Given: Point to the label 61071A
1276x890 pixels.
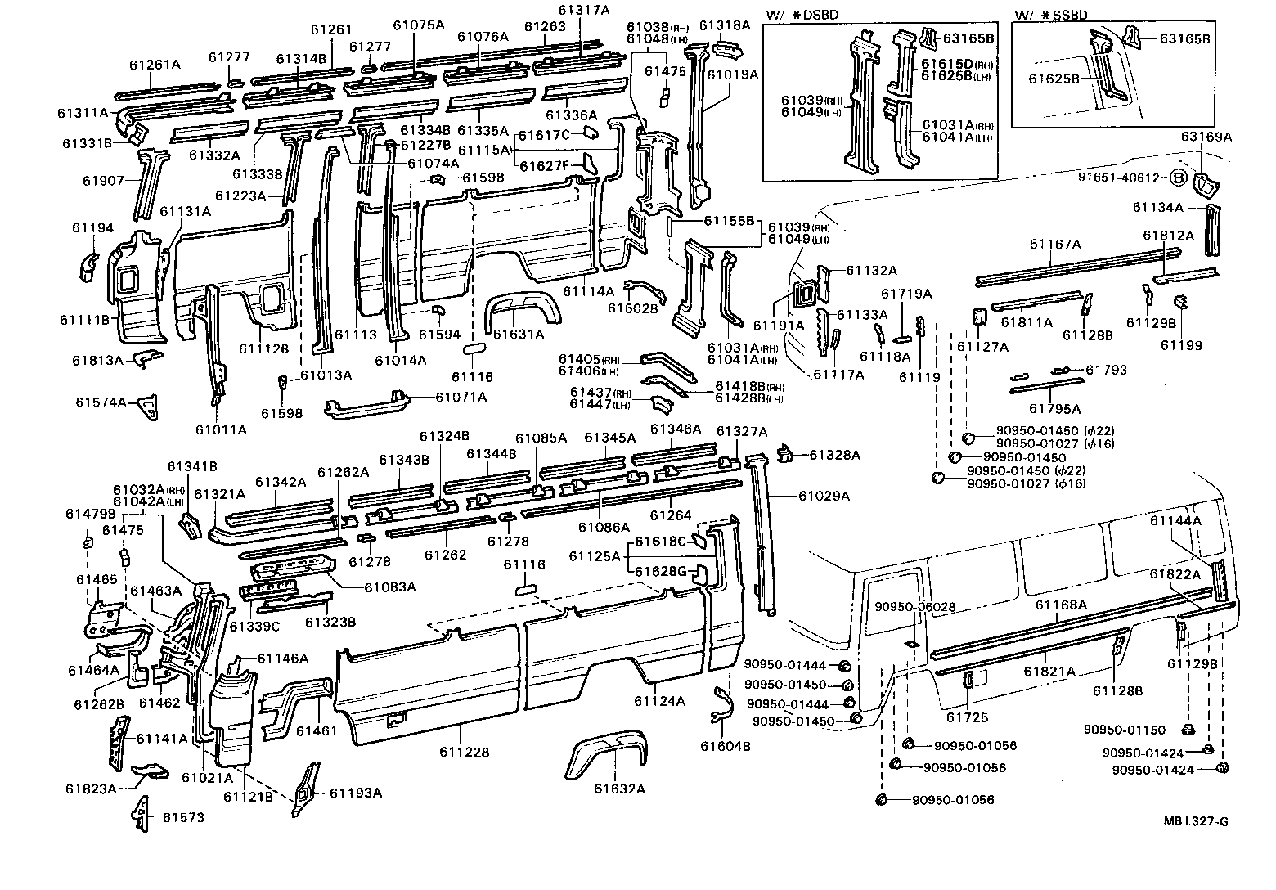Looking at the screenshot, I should tap(461, 398).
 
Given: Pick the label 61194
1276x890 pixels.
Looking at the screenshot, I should tap(92, 228).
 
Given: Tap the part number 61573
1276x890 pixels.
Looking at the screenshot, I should tap(183, 817).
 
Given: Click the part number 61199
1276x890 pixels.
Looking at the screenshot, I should tap(1181, 345).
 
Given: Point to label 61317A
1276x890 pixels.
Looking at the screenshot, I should tap(584, 10).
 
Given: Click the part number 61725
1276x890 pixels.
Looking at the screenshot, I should tap(967, 717).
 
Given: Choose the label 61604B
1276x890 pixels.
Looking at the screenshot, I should tap(726, 745).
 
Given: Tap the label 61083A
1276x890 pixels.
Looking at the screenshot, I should tap(390, 587).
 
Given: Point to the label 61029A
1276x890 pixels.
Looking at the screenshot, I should tap(824, 496).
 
